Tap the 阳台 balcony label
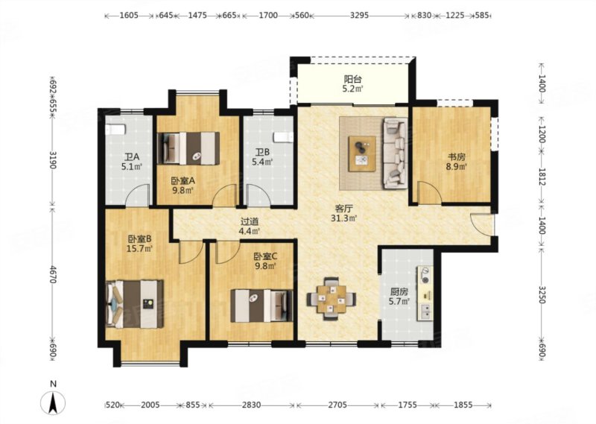tap(352, 80)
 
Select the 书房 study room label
tap(456, 157)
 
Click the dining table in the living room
tap(332, 299)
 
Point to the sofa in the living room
tap(396, 154)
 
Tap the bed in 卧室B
tap(135, 304)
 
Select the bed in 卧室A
tap(188, 148)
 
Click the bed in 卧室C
tap(262, 306)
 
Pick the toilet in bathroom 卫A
tap(115, 130)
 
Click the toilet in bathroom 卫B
tap(284, 137)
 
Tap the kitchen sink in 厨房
tap(425, 311)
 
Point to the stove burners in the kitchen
tap(425, 276)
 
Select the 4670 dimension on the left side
tap(53, 273)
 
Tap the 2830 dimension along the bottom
tap(252, 405)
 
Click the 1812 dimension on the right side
tap(542, 177)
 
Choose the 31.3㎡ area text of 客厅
tap(343, 218)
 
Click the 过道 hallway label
tap(250, 221)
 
